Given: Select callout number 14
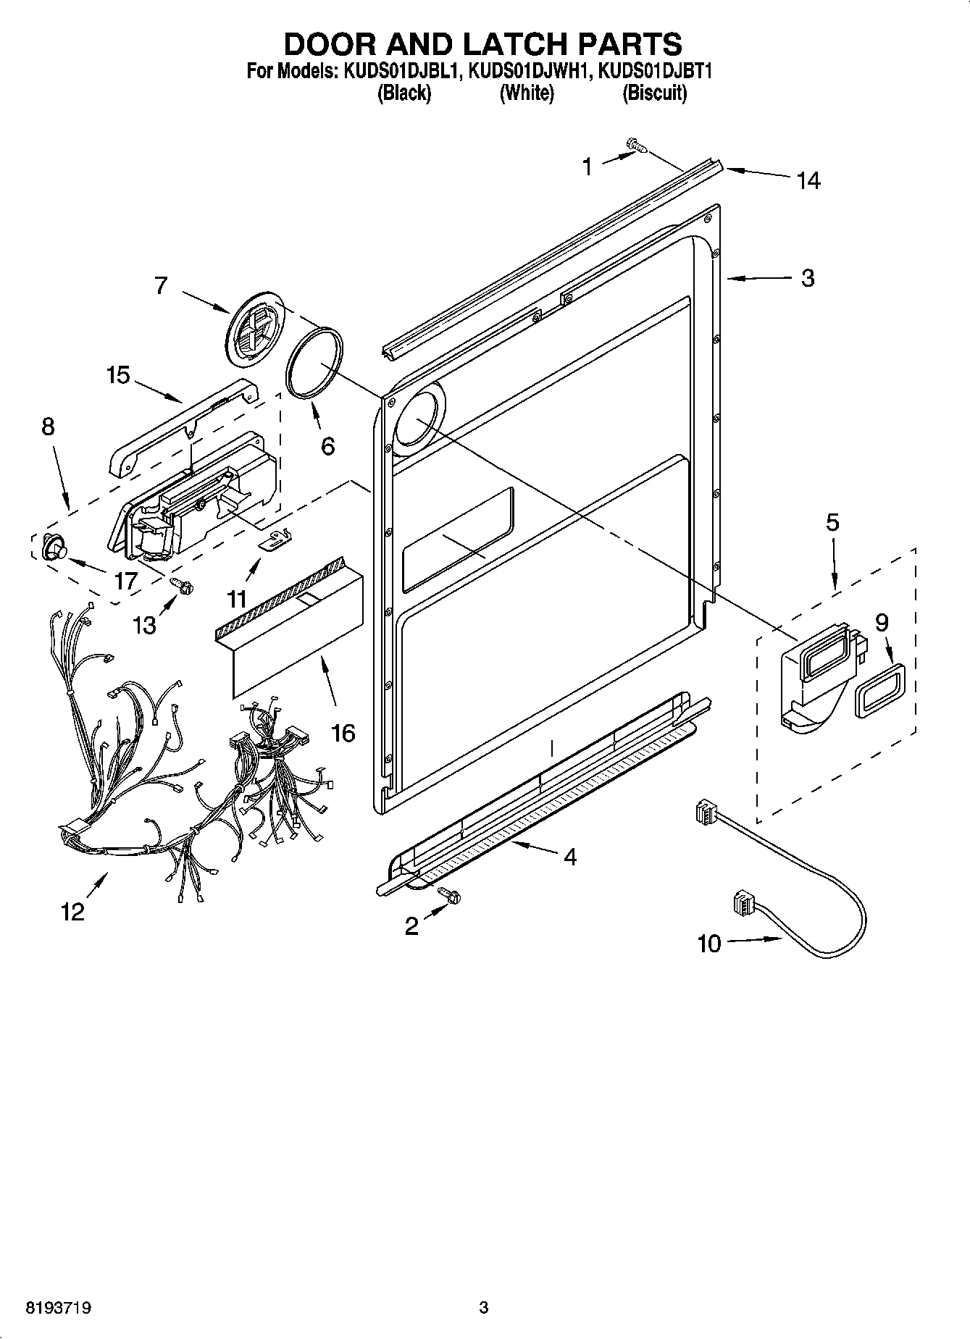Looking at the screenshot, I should (x=808, y=180).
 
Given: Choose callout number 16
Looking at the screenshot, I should (x=343, y=733).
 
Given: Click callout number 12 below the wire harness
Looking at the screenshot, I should (x=72, y=912).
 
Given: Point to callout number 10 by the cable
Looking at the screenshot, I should (x=709, y=944).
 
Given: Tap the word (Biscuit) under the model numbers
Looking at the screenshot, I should (x=654, y=93).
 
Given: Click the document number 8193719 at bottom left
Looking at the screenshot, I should (x=58, y=1308).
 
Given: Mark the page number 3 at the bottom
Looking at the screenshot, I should (x=484, y=1308).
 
